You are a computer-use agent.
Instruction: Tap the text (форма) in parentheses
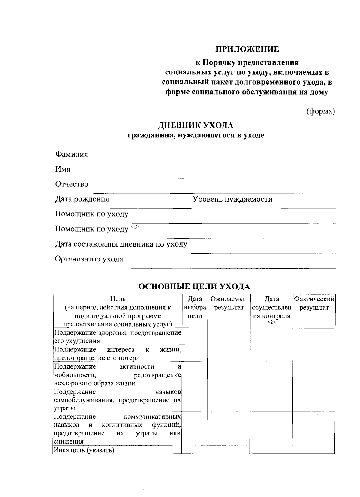coord(320,111)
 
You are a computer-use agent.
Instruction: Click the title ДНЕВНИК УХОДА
coord(196,125)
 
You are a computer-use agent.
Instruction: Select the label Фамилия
coord(71,154)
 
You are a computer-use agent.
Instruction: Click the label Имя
coord(63,169)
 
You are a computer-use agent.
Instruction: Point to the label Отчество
coord(72,184)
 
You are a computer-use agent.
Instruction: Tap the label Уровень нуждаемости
coord(232,199)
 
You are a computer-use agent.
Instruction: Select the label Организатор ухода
coord(89,259)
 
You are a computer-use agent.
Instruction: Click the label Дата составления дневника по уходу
coord(121,244)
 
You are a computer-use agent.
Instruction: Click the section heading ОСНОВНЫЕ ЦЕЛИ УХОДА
coord(194,287)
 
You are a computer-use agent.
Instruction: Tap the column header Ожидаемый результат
coord(229,303)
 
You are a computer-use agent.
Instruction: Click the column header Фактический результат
coord(314,303)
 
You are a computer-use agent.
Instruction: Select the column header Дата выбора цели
coord(195,307)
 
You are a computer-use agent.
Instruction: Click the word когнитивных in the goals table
coord(122,425)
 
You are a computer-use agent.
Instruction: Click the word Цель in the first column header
coord(118,299)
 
